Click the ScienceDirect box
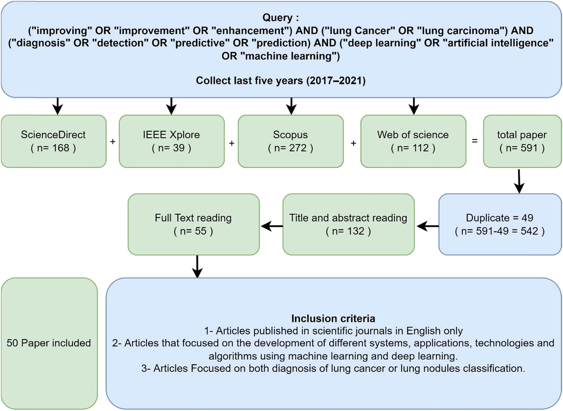pyautogui.click(x=53, y=141)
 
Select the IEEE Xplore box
pyautogui.click(x=171, y=141)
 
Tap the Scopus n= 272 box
pyautogui.click(x=291, y=141)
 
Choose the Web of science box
pyautogui.click(x=413, y=141)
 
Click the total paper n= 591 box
pyautogui.click(x=522, y=141)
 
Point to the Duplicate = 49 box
pyautogui.click(x=500, y=224)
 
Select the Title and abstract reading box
pyautogui.click(x=348, y=224)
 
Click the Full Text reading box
pyautogui.click(x=193, y=224)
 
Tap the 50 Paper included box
pyautogui.click(x=49, y=343)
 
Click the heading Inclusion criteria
pyautogui.click(x=333, y=318)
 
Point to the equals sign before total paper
pyautogui.click(x=475, y=141)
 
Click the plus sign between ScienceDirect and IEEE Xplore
pyautogui.click(x=113, y=141)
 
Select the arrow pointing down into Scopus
pyautogui.click(x=291, y=106)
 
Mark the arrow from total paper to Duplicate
pyautogui.click(x=519, y=181)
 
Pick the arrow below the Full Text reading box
pyautogui.click(x=197, y=266)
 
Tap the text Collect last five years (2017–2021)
pyautogui.click(x=281, y=80)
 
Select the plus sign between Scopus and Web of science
pyautogui.click(x=353, y=143)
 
